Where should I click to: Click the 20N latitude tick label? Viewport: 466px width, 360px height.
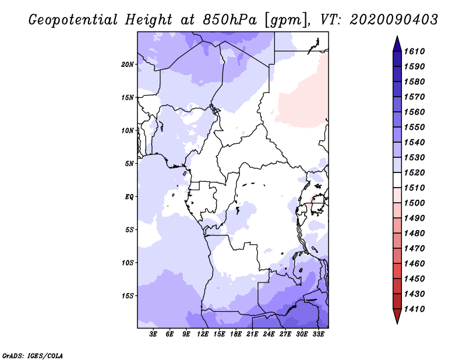pyautogui.click(x=128, y=64)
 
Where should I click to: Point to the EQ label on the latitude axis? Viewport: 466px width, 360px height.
pyautogui.click(x=129, y=196)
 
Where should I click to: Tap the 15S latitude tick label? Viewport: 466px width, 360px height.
pyautogui.click(x=128, y=295)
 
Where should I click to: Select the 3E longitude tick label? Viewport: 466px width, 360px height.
pyautogui.click(x=154, y=335)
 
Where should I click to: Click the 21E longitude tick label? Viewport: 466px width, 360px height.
pyautogui.click(x=252, y=335)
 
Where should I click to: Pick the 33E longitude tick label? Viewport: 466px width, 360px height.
pyautogui.click(x=318, y=335)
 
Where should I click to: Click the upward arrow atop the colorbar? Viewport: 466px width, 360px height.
pyautogui.click(x=397, y=43)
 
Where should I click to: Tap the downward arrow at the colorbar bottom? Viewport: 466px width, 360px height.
pyautogui.click(x=397, y=317)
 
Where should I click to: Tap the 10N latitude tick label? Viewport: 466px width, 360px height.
pyautogui.click(x=128, y=130)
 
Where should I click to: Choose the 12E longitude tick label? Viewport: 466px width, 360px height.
pyautogui.click(x=203, y=335)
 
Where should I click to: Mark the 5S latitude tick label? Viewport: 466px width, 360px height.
pyautogui.click(x=129, y=230)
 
